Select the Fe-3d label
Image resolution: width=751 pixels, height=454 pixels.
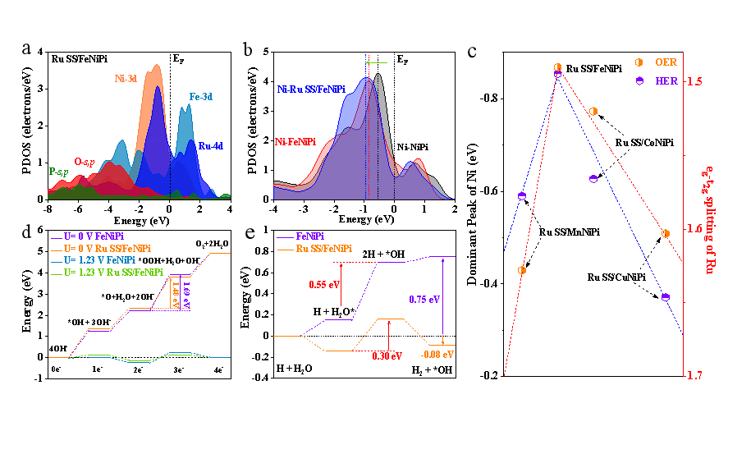(200, 97)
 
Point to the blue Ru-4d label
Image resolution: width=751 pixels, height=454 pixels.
(210, 145)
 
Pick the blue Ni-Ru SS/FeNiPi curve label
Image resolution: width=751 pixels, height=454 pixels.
(311, 89)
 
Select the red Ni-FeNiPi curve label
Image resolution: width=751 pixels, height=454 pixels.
(297, 142)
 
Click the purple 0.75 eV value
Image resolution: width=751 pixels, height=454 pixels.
(424, 300)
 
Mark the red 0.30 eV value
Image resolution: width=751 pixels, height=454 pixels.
(387, 356)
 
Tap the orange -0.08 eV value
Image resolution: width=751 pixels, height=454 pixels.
(437, 355)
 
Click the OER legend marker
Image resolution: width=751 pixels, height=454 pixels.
(639, 62)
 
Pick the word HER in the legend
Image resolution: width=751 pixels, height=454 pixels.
(666, 81)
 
